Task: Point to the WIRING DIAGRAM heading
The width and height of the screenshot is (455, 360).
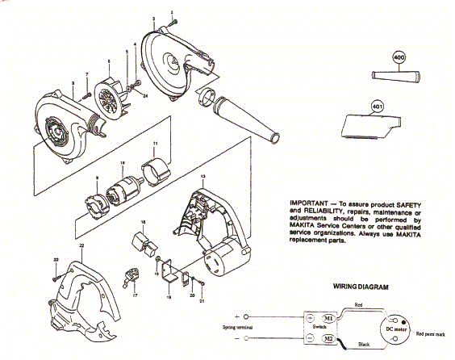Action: pos(362,287)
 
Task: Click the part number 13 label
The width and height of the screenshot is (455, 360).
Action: pos(203,175)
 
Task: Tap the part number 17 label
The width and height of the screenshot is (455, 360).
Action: pos(135,296)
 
